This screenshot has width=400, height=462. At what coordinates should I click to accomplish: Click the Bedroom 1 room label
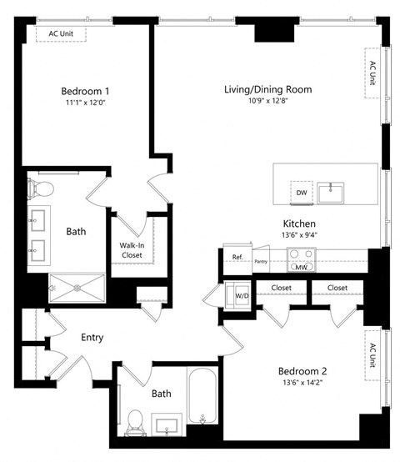point(85,91)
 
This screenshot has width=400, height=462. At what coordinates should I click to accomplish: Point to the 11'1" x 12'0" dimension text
point(85,104)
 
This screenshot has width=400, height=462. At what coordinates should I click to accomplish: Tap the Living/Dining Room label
point(267,89)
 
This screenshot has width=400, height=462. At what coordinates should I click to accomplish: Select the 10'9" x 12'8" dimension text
point(267,103)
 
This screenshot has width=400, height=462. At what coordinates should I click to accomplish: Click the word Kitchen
point(298,223)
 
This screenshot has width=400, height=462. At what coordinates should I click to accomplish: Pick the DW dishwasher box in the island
point(301,193)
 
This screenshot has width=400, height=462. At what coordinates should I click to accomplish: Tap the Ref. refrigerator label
point(237,257)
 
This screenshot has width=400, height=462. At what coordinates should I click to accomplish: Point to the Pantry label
point(261,260)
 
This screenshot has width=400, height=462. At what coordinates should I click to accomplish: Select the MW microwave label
point(301,268)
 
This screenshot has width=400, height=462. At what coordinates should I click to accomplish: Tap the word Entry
point(92,338)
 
